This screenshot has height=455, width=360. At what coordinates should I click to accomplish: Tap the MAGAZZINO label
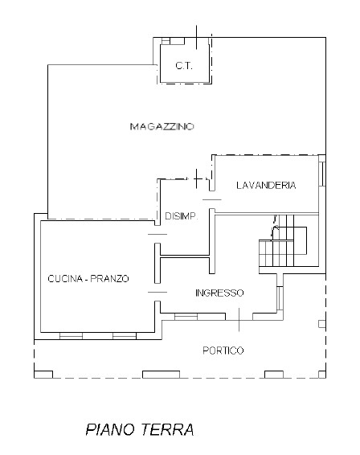(x=163, y=126)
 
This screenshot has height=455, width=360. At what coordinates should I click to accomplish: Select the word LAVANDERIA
(x=266, y=186)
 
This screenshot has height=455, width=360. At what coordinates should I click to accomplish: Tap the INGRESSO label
(x=219, y=293)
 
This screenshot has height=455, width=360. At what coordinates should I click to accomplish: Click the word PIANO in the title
(x=110, y=429)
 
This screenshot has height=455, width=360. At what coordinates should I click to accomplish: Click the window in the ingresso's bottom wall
(x=186, y=316)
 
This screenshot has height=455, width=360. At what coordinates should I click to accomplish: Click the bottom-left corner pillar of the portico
(x=43, y=374)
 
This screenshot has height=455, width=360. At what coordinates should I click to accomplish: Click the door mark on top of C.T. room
(x=197, y=37)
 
